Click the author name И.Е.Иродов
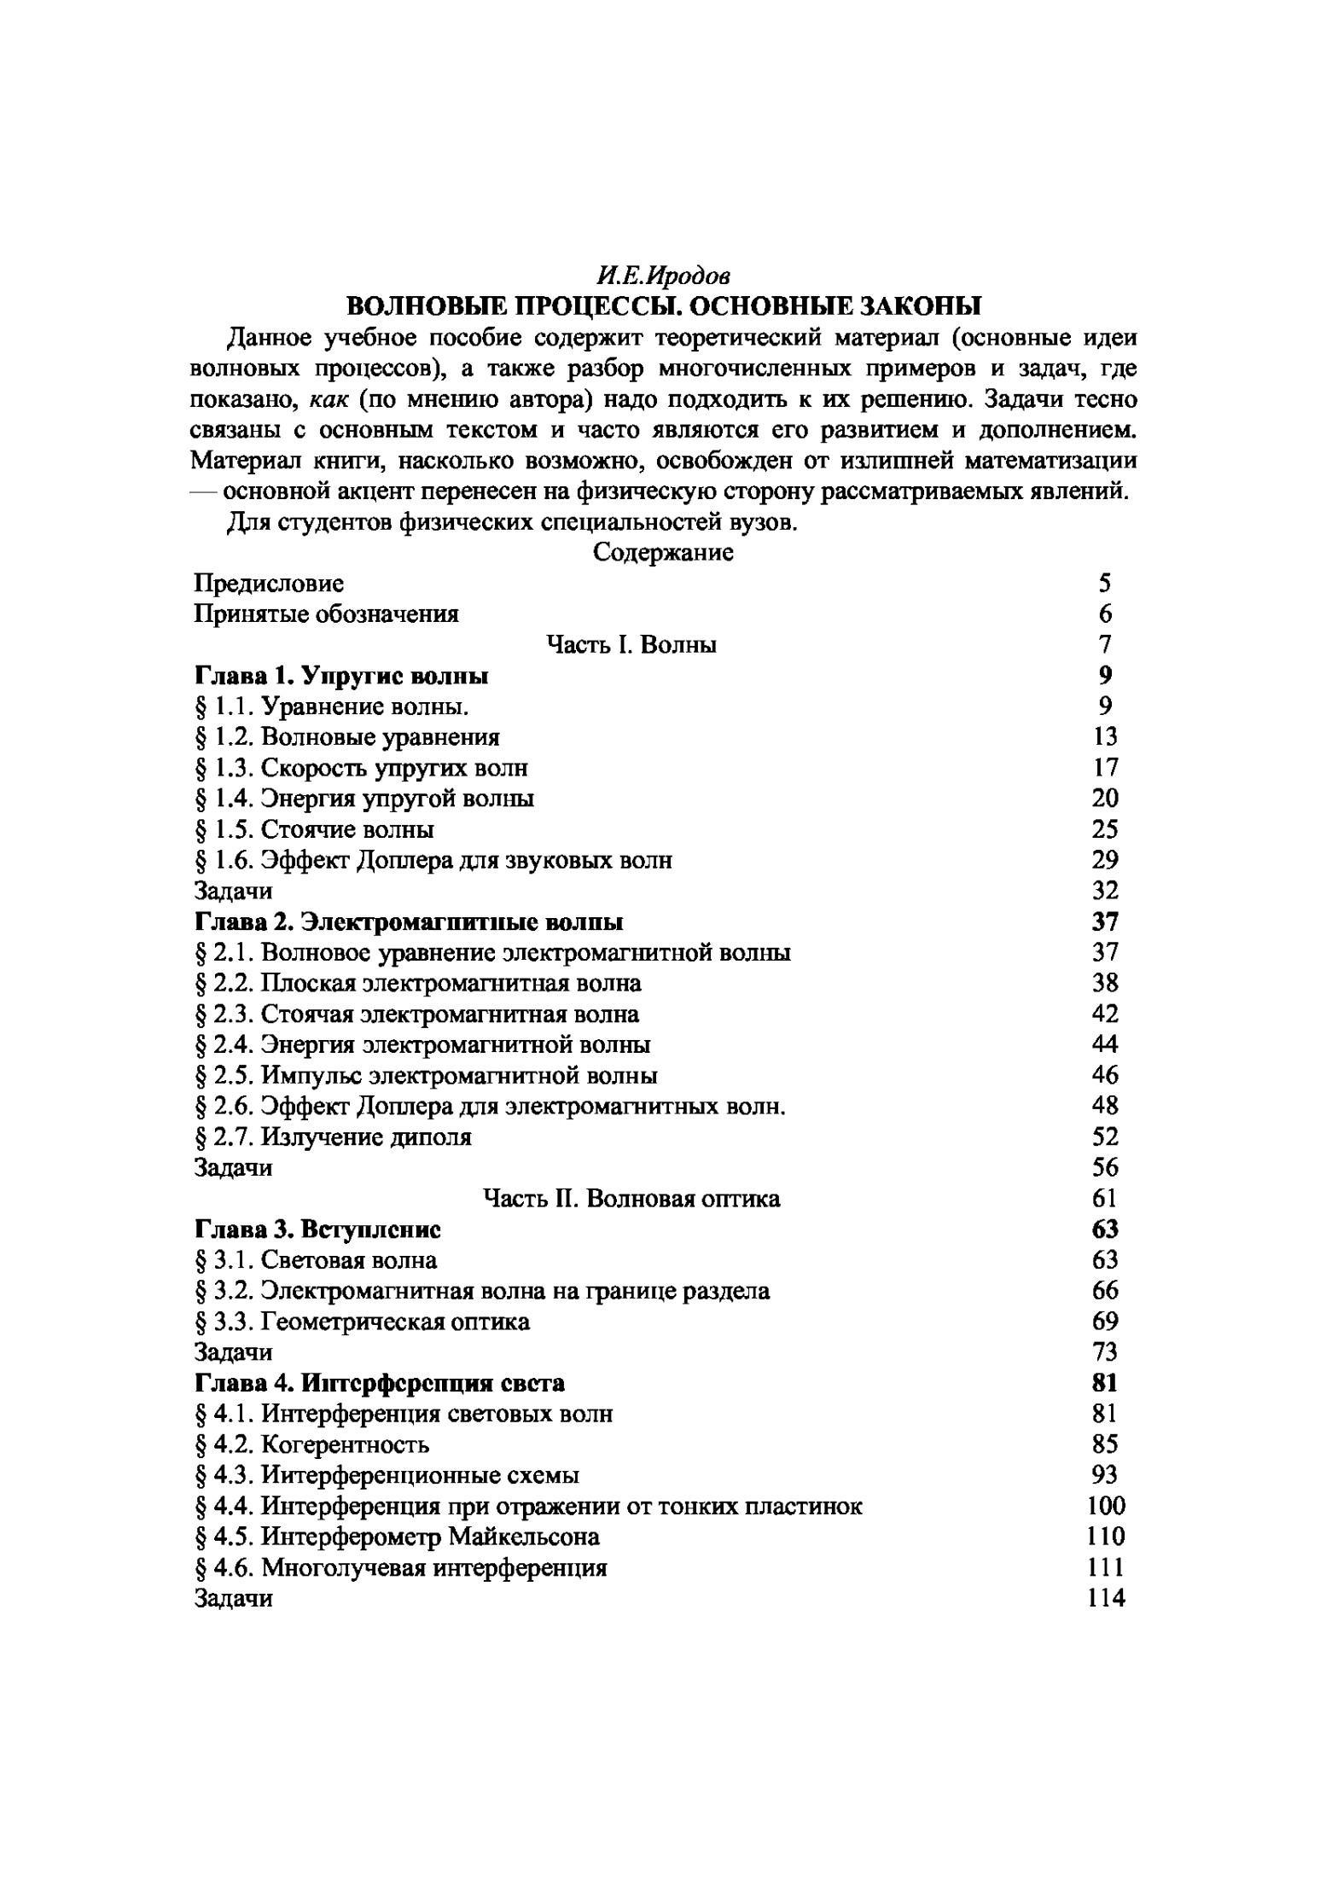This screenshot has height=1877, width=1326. click(663, 276)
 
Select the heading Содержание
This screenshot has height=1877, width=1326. click(663, 553)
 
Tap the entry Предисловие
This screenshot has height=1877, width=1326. click(269, 584)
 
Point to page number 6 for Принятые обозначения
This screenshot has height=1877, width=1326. click(1105, 614)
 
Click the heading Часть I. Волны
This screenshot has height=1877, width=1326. click(631, 645)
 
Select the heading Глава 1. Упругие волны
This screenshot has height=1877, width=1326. click(341, 676)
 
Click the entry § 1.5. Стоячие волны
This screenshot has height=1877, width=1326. click(314, 829)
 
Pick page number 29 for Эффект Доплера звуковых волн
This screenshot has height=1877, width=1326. click(1105, 860)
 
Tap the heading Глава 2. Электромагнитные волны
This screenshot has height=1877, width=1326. click(409, 922)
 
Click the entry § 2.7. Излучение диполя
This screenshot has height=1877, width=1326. click(333, 1137)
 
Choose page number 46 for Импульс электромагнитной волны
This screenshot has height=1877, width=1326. click(1105, 1076)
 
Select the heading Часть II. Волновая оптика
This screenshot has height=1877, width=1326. click(631, 1199)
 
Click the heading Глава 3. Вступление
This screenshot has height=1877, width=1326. click(317, 1229)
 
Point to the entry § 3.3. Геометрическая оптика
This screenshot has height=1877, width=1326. click(362, 1322)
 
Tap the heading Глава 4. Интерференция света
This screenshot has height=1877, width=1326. click(380, 1383)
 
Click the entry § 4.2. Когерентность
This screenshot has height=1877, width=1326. click(311, 1444)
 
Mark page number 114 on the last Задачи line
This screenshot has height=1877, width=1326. click(1107, 1598)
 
